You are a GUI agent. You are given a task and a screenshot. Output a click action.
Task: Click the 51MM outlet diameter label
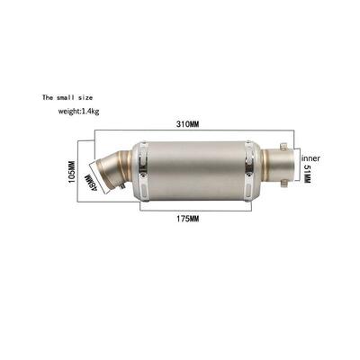click(307, 172)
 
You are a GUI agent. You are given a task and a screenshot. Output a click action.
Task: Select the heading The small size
click(67, 95)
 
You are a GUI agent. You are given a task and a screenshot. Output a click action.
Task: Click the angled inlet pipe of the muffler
click(117, 171)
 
